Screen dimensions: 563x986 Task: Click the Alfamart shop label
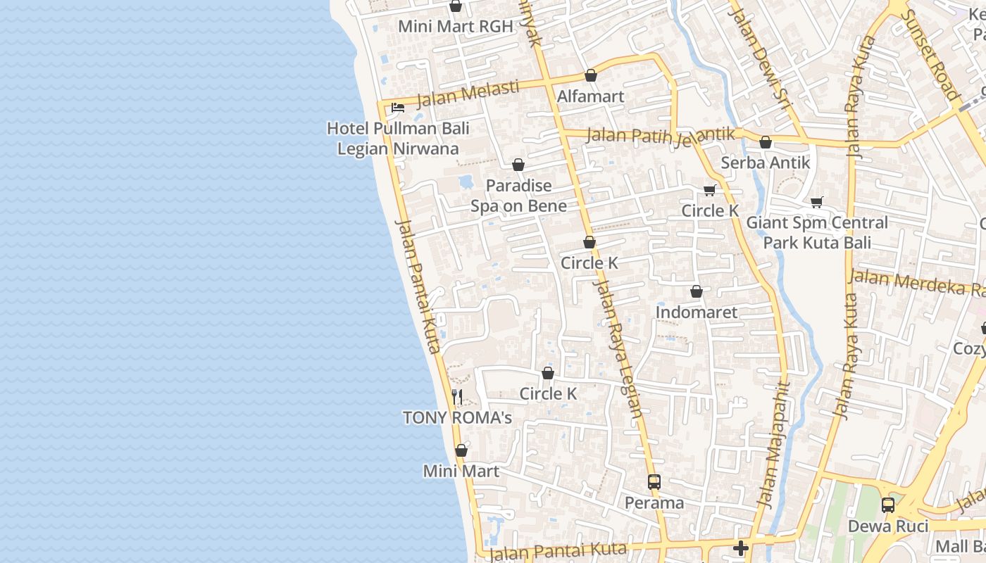click(x=590, y=96)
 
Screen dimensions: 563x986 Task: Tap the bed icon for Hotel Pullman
click(x=398, y=108)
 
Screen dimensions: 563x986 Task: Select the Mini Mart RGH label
click(x=456, y=27)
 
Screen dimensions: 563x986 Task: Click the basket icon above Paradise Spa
click(x=518, y=165)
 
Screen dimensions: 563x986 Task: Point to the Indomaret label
click(x=696, y=312)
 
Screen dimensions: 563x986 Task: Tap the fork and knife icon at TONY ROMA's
click(x=457, y=397)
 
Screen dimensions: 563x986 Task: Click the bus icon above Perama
click(x=654, y=482)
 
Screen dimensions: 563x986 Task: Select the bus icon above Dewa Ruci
click(x=888, y=505)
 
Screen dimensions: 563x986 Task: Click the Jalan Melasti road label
click(x=468, y=94)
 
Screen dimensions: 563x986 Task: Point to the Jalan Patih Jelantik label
click(x=660, y=134)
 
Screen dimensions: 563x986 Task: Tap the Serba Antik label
click(x=765, y=163)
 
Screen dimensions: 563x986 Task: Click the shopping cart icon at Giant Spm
click(x=817, y=203)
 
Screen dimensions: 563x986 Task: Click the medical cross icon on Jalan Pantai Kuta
click(x=740, y=548)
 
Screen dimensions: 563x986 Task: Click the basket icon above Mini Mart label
click(x=461, y=450)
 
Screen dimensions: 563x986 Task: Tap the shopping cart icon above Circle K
click(x=709, y=190)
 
